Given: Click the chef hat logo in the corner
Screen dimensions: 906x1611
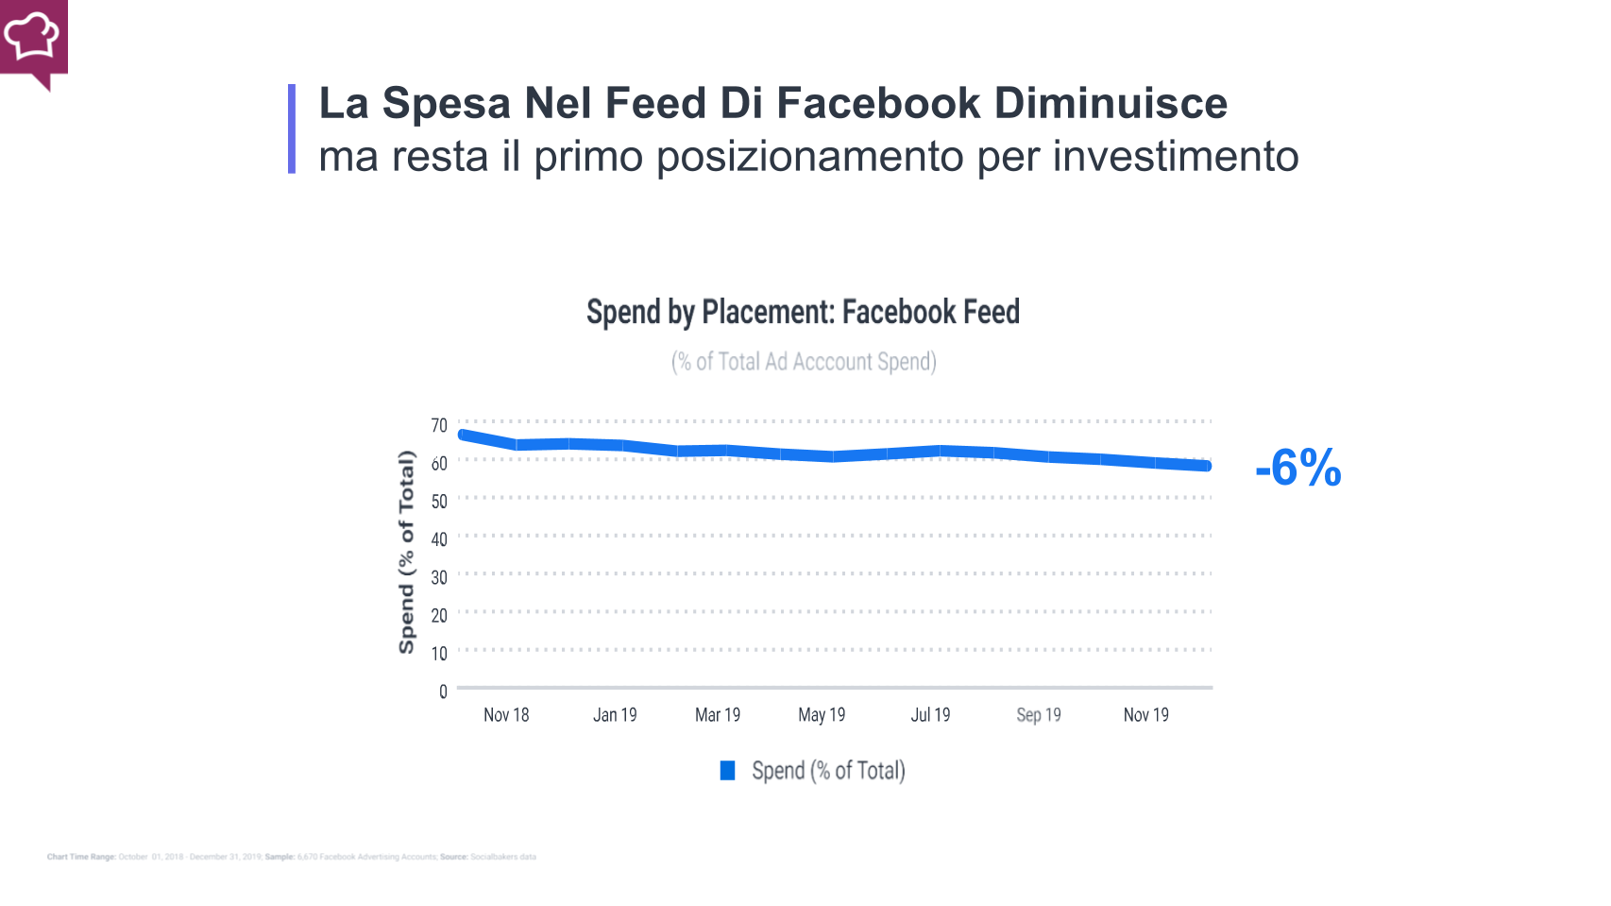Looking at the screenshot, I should coord(32,38).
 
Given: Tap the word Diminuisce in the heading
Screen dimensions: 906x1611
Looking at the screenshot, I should coord(1111,103).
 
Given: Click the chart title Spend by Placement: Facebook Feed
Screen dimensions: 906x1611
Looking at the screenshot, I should coord(803,312).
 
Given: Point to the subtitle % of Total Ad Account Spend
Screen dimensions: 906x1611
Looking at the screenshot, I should coord(804,362).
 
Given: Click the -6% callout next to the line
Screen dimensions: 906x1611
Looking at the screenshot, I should coord(1297,468).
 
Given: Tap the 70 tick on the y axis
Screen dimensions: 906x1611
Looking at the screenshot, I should coord(439,426).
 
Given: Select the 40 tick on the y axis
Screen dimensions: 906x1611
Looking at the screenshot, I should coord(439,539).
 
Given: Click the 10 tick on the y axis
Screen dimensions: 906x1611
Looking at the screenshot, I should coord(439,654).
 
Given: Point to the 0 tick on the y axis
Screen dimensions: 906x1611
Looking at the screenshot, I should coord(443,692).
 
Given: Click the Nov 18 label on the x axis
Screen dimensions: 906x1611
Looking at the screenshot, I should coord(506,715).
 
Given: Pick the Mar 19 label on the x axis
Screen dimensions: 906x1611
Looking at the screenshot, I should coord(718,715).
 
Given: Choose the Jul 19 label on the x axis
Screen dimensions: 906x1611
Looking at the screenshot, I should coord(930,715).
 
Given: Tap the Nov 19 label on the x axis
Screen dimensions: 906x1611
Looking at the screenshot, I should coord(1145,715).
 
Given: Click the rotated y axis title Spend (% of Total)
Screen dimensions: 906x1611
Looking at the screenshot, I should coord(407,553).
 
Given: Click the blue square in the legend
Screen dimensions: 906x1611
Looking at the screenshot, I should coord(728,771).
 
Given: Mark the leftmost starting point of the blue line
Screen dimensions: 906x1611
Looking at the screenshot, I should coord(463,435).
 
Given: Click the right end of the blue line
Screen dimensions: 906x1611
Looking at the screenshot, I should coord(1207,466).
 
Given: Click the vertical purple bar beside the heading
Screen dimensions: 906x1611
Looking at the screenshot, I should coord(292,128).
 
